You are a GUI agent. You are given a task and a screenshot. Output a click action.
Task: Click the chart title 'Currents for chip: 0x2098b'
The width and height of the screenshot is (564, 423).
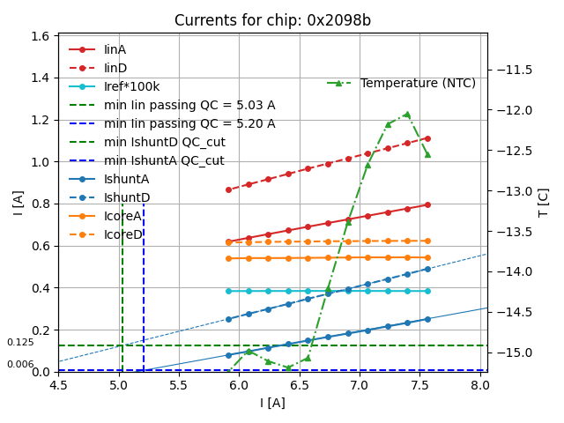[272, 20]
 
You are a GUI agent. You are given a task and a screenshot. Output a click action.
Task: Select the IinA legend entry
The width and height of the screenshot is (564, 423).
[115, 50]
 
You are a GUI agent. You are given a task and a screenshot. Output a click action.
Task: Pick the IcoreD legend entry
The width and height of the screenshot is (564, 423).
[122, 234]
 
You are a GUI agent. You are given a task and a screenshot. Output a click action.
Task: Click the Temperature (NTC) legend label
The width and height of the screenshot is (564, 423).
[418, 83]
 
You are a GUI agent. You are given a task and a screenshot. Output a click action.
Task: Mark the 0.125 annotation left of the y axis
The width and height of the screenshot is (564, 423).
[20, 343]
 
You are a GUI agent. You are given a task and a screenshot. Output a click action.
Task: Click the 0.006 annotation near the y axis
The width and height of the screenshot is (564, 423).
[20, 364]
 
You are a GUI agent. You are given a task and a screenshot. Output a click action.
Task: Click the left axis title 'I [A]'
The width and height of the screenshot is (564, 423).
[18, 203]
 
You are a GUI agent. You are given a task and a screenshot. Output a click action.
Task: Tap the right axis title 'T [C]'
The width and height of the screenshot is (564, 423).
[543, 203]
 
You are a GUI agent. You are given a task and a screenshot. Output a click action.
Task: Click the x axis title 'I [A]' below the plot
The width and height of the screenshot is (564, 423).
[272, 403]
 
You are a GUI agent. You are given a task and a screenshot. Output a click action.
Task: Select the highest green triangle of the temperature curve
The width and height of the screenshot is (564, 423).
[407, 114]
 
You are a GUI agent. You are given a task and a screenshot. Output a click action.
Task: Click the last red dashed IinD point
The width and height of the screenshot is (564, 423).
[427, 138]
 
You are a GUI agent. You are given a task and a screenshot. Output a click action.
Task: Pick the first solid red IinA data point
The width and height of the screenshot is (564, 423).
[228, 241]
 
